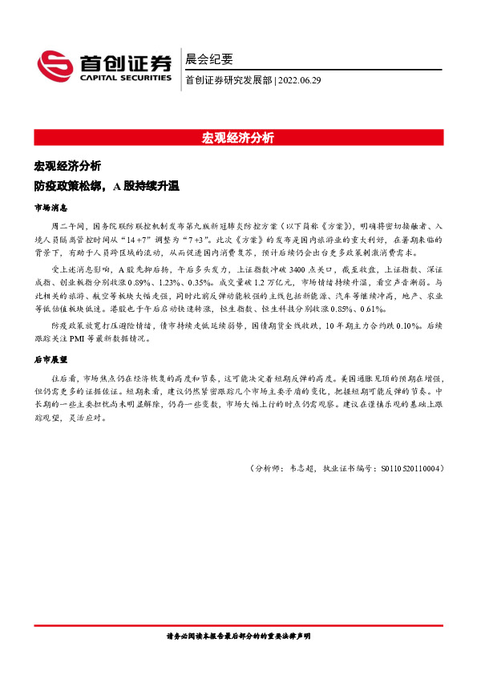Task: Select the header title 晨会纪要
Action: coord(208,59)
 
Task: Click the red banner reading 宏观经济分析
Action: coord(238,137)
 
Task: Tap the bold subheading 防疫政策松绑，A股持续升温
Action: coord(107,186)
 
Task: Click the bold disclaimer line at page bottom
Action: coord(238,635)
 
